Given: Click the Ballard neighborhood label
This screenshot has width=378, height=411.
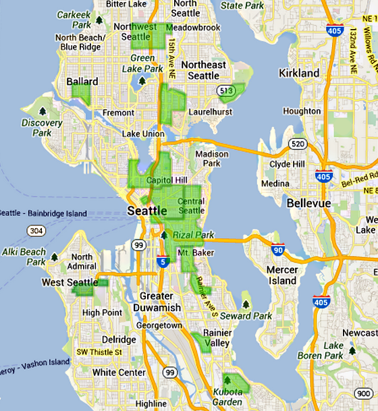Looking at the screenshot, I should (x=82, y=82).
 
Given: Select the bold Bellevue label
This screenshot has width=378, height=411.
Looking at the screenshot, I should (x=310, y=203).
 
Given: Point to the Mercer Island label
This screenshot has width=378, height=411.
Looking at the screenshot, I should (x=282, y=275).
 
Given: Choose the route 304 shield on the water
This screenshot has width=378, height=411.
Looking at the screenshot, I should (x=35, y=230).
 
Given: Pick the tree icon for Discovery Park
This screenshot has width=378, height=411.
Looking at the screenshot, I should (x=43, y=111).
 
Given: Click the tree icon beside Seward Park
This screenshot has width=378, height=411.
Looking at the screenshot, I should (x=245, y=303).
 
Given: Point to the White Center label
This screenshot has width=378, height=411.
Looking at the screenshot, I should (x=119, y=373).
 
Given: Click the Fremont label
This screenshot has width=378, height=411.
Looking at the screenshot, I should (x=118, y=113).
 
